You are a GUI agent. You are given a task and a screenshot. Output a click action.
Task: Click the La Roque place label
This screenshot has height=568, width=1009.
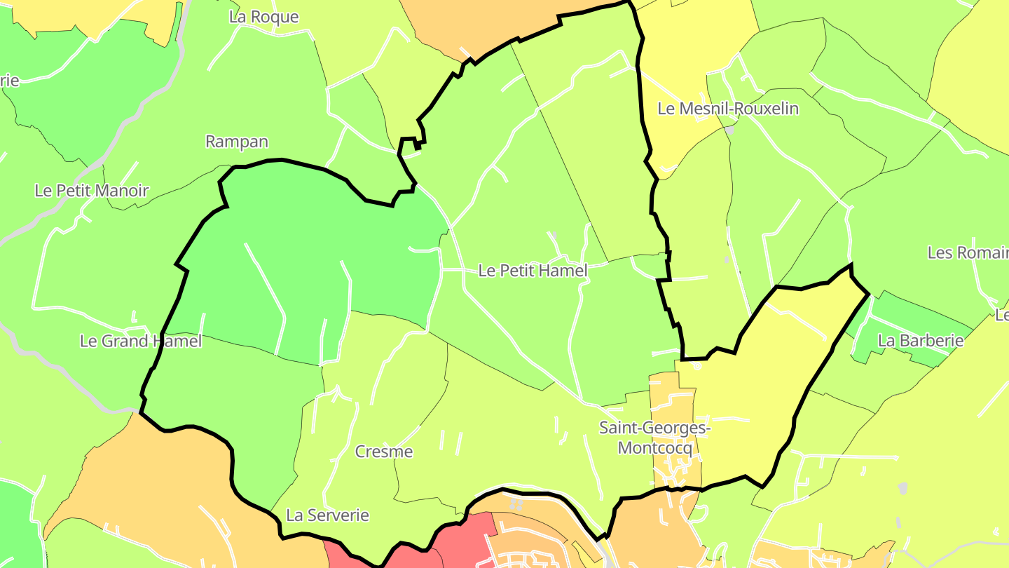263,17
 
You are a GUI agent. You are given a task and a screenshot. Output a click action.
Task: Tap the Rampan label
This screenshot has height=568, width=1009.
237,141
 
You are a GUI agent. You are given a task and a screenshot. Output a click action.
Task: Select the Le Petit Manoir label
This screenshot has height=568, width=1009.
92,190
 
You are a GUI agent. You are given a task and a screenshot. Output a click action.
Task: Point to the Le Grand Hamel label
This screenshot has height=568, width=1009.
141,341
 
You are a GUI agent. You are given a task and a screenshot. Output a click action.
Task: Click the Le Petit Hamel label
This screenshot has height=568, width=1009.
533,270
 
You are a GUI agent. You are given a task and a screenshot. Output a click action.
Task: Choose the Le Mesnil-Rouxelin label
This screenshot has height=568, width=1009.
727,109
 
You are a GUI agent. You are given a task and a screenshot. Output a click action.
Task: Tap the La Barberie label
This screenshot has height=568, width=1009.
921,341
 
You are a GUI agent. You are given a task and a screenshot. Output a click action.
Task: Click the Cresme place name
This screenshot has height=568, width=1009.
384,452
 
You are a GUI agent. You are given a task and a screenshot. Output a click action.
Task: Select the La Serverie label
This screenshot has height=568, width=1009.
327,515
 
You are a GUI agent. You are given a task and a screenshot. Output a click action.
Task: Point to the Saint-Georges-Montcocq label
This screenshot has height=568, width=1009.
654,438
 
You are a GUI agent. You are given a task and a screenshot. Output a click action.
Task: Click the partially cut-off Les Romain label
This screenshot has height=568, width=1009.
967,252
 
